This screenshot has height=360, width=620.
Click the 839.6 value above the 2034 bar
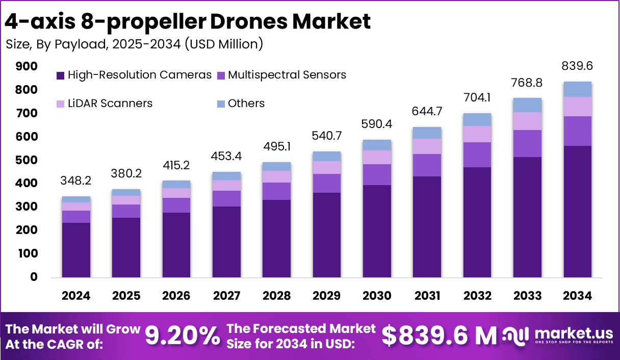pyautogui.click(x=578, y=66)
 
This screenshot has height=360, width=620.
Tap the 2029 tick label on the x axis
pyautogui.click(x=327, y=296)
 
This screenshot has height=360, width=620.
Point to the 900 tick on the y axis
pyautogui.click(x=27, y=66)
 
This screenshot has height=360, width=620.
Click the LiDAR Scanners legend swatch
pyautogui.click(x=60, y=104)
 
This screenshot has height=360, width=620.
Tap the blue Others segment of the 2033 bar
pyautogui.click(x=527, y=105)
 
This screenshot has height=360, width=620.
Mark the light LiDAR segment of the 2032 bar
pyautogui.click(x=477, y=134)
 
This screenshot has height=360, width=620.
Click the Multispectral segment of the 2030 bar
pyautogui.click(x=377, y=174)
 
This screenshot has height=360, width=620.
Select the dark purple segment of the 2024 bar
pyautogui.click(x=76, y=250)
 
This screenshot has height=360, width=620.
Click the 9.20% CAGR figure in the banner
pyautogui.click(x=182, y=336)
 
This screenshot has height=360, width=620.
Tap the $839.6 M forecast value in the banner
pyautogui.click(x=439, y=336)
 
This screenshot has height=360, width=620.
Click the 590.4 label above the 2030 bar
pyautogui.click(x=377, y=124)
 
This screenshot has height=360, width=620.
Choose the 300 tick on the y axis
pyautogui.click(x=27, y=207)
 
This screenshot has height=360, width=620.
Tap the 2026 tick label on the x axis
pyautogui.click(x=177, y=296)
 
